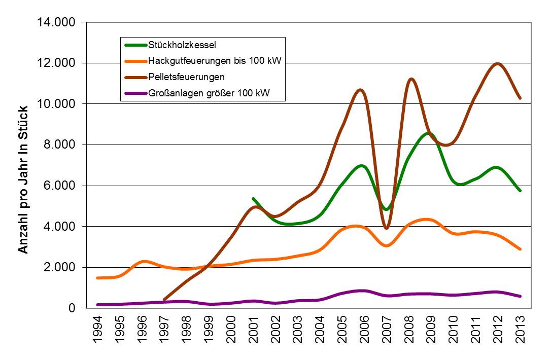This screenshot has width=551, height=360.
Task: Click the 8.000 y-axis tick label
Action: point(57,145)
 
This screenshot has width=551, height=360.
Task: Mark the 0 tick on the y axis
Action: point(72,308)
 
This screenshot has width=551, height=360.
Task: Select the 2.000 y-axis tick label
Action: point(57,268)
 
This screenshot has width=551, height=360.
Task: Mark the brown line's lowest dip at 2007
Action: point(387,228)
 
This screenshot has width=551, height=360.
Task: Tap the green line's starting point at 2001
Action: point(253,199)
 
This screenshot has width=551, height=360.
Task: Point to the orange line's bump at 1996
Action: point(143,262)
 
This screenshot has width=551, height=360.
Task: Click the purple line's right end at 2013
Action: point(521,296)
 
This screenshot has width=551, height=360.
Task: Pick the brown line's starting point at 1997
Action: point(164,300)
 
